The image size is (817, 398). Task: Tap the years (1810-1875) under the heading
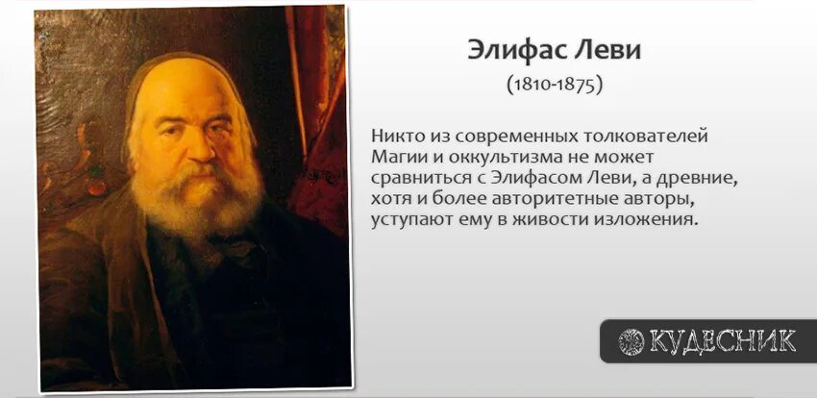[554, 85]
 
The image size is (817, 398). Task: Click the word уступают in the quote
[408, 220]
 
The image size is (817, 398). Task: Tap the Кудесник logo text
[722, 340]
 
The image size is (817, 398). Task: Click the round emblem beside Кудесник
[631, 340]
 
